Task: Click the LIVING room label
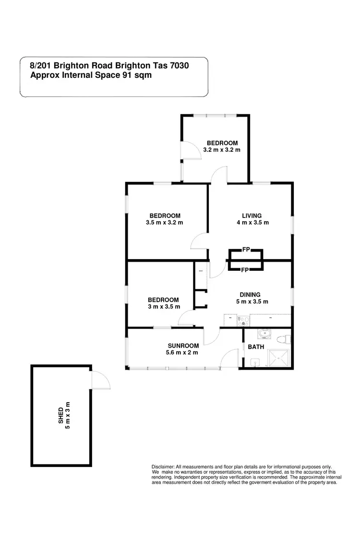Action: tap(252, 216)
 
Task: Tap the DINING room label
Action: tap(250, 295)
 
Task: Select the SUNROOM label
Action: tap(183, 346)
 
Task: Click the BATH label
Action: tap(256, 347)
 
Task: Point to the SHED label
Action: tap(61, 416)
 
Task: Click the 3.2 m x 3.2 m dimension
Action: tap(222, 150)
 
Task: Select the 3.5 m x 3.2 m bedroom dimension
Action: tap(165, 223)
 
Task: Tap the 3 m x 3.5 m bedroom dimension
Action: tap(163, 307)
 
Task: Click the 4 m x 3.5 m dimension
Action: tap(252, 222)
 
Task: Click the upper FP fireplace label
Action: tap(246, 250)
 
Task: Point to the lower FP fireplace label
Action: tap(244, 270)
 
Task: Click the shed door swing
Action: tap(101, 380)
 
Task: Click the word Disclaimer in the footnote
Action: tap(163, 467)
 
